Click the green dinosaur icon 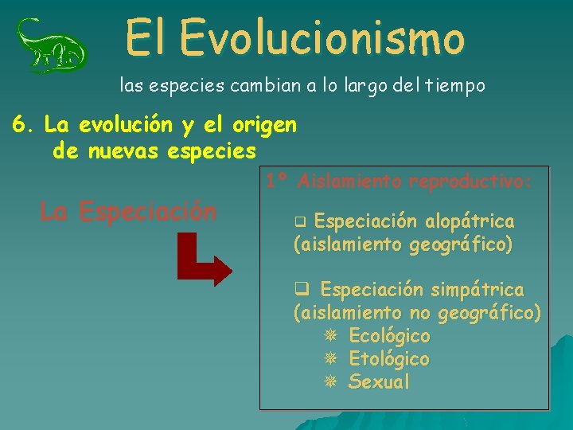tap(53, 46)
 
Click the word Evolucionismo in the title tap(322, 37)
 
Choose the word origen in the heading tap(264, 126)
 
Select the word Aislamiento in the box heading tap(349, 182)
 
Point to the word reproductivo tap(469, 182)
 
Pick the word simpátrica tap(478, 289)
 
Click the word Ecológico tap(389, 336)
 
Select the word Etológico tap(389, 359)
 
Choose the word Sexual tap(380, 382)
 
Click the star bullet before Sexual tap(330, 382)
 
